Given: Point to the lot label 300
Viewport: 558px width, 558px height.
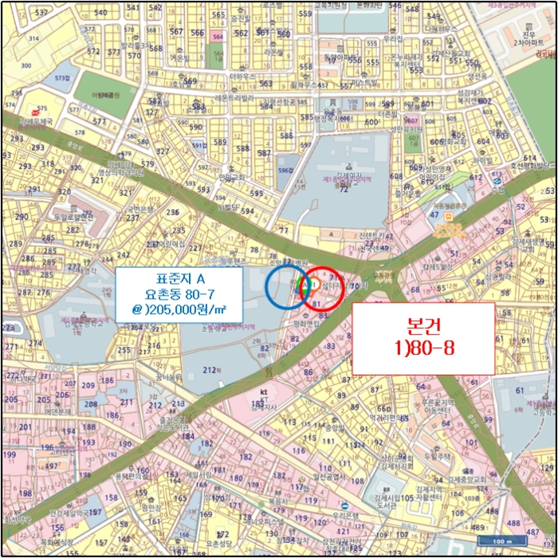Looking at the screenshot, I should pos(27,66).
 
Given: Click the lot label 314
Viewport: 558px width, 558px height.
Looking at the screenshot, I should pos(33,38).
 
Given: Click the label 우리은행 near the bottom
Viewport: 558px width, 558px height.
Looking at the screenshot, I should pos(348,516).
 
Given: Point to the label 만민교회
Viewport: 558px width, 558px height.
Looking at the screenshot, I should pos(234,176).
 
